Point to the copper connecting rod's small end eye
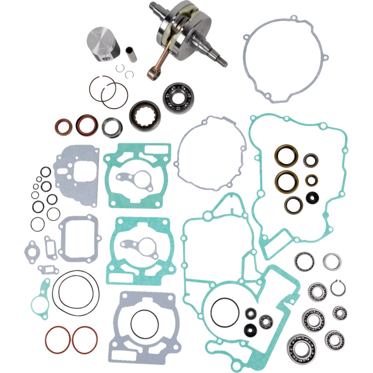coord(152,73)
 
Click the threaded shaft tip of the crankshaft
coord(222,61)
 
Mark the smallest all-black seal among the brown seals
coord(310,197)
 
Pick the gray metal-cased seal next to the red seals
coord(112,126)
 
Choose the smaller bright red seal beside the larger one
coord(62,127)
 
